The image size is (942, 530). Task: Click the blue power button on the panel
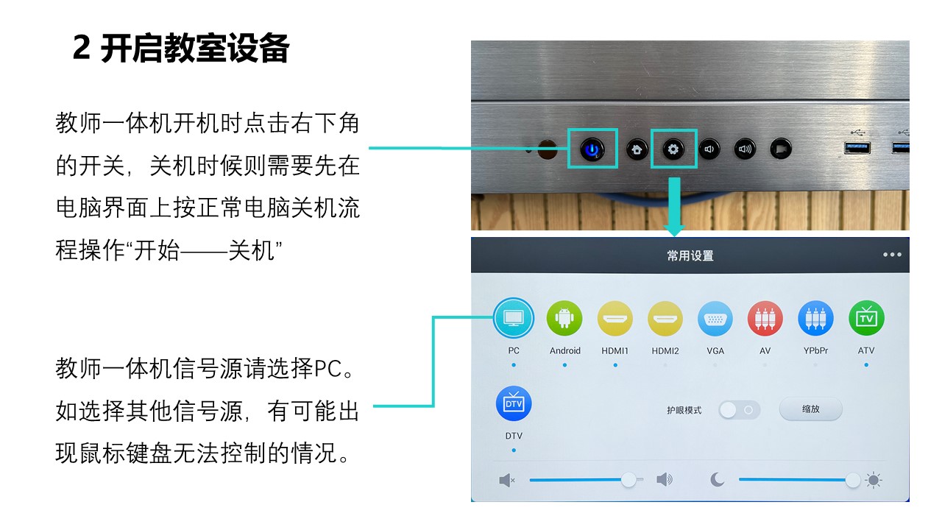click(x=592, y=149)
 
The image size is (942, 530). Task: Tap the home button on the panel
click(x=637, y=149)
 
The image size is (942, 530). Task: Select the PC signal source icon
click(x=514, y=319)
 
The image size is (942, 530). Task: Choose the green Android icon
click(x=564, y=319)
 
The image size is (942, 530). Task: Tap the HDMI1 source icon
click(x=615, y=319)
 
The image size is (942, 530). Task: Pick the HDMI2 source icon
click(x=665, y=319)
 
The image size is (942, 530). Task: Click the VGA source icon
click(x=715, y=319)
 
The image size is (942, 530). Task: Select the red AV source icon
click(x=765, y=319)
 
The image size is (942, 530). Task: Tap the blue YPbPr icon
click(x=815, y=319)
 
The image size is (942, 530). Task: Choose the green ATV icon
click(x=866, y=319)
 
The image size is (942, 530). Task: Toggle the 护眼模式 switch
click(x=740, y=410)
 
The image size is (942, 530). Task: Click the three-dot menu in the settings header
click(x=892, y=255)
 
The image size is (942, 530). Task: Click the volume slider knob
click(x=628, y=479)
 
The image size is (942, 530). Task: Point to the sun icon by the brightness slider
click(x=874, y=480)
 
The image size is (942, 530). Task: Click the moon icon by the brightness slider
click(x=717, y=479)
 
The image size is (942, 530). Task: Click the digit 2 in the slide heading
click(x=82, y=48)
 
